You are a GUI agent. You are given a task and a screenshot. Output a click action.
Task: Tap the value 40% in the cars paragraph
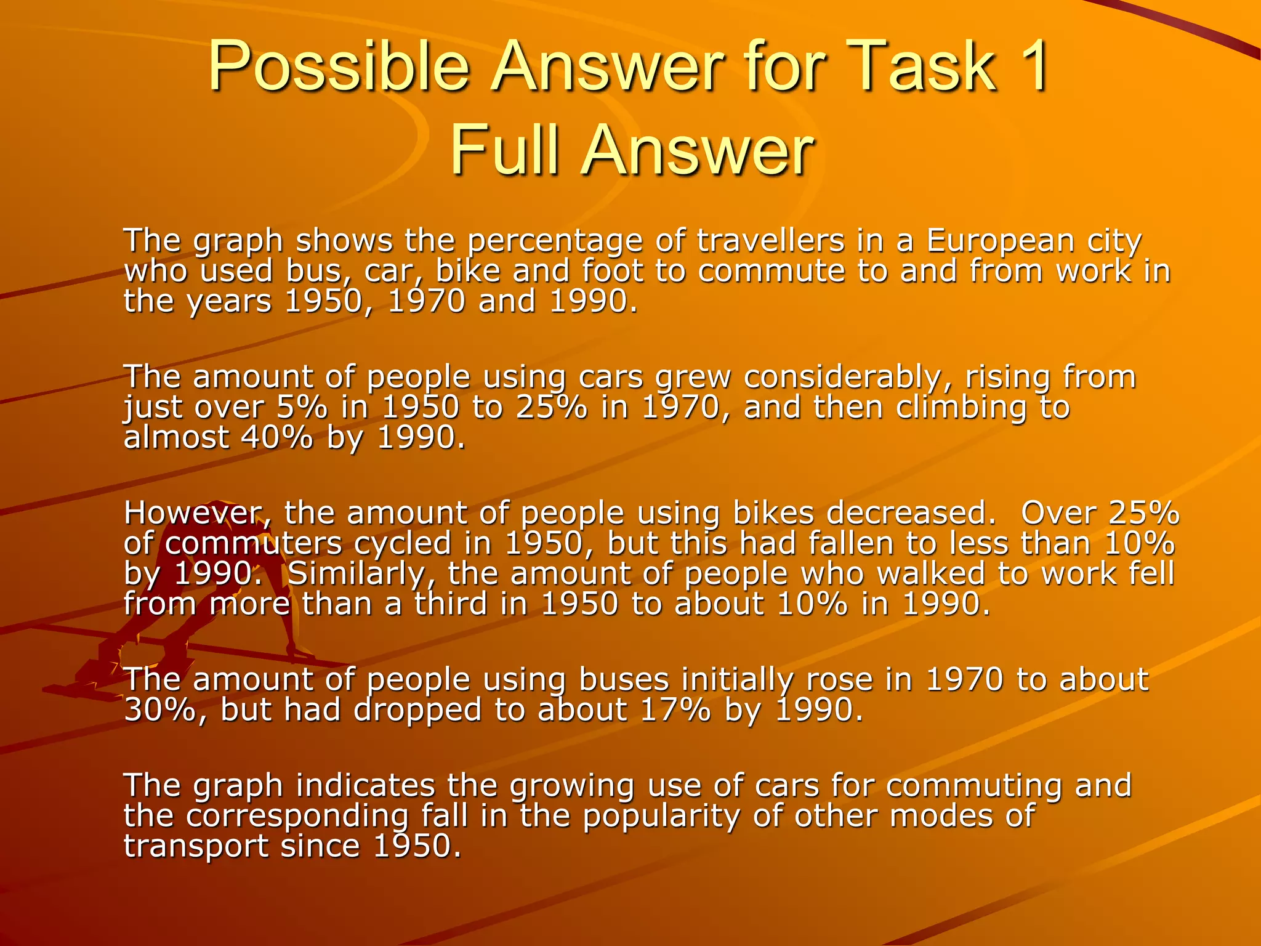tap(276, 437)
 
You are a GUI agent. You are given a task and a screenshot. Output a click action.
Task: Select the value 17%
tap(675, 710)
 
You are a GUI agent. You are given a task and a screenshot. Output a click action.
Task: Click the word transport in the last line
tap(196, 846)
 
